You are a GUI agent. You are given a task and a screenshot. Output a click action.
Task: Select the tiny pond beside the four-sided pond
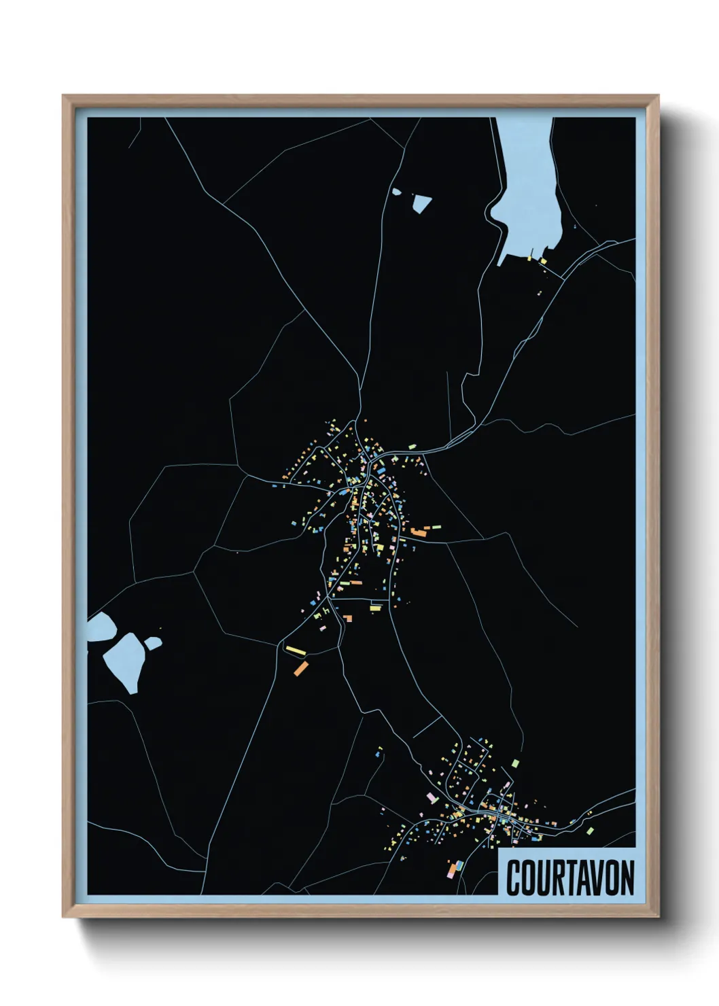pyautogui.click(x=397, y=192)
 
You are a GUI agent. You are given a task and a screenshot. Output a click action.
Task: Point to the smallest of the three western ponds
pyautogui.click(x=153, y=642)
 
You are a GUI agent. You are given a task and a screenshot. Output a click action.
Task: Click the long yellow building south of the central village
pyautogui.click(x=296, y=651)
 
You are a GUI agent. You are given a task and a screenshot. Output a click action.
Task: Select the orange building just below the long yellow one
pyautogui.click(x=300, y=667)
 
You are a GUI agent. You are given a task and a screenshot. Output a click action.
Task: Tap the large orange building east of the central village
pyautogui.click(x=418, y=532)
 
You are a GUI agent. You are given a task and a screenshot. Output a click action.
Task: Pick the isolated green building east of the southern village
pyautogui.click(x=590, y=831)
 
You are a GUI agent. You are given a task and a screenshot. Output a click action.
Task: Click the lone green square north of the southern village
pyautogui.click(x=515, y=763)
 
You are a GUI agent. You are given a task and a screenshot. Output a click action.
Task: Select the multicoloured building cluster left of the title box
pyautogui.click(x=454, y=868)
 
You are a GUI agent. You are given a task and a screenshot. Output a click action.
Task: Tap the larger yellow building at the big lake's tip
pyautogui.click(x=543, y=261)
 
